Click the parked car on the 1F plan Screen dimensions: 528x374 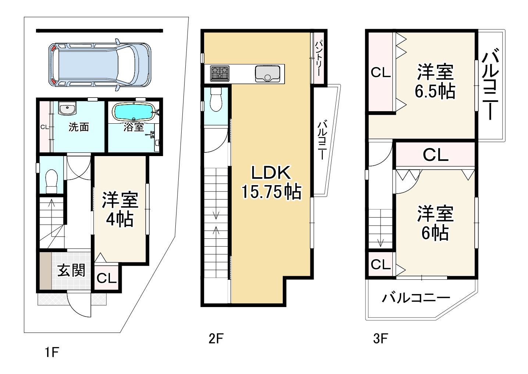pyautogui.click(x=100, y=65)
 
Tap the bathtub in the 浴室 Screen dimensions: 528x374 pyautogui.click(x=134, y=112)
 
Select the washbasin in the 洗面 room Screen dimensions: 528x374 pyautogui.click(x=67, y=109)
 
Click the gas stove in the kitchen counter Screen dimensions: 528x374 pyautogui.click(x=220, y=73)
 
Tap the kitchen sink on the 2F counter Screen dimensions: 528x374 pyautogui.click(x=267, y=74)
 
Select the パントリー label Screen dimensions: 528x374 pyautogui.click(x=318, y=58)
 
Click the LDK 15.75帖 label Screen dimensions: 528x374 pyautogui.click(x=271, y=182)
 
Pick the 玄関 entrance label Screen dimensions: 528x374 pyautogui.click(x=71, y=270)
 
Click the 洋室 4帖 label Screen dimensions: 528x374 pyautogui.click(x=120, y=209)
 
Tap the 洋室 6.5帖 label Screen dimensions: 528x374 pyautogui.click(x=435, y=81)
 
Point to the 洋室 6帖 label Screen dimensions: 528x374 pyautogui.click(x=435, y=223)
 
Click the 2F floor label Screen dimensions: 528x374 pyautogui.click(x=216, y=339)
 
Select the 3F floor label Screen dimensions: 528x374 pyautogui.click(x=381, y=339)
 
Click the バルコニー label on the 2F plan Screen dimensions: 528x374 pyautogui.click(x=322, y=141)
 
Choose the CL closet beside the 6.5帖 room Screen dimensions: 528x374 pyautogui.click(x=381, y=73)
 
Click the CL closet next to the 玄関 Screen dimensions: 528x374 pyautogui.click(x=107, y=278)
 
